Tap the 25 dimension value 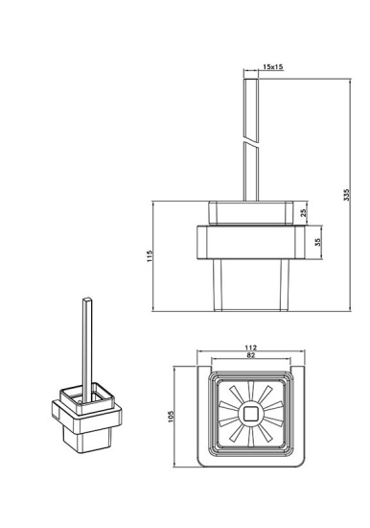click(x=304, y=213)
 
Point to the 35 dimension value click(x=319, y=241)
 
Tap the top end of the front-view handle click(x=250, y=76)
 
